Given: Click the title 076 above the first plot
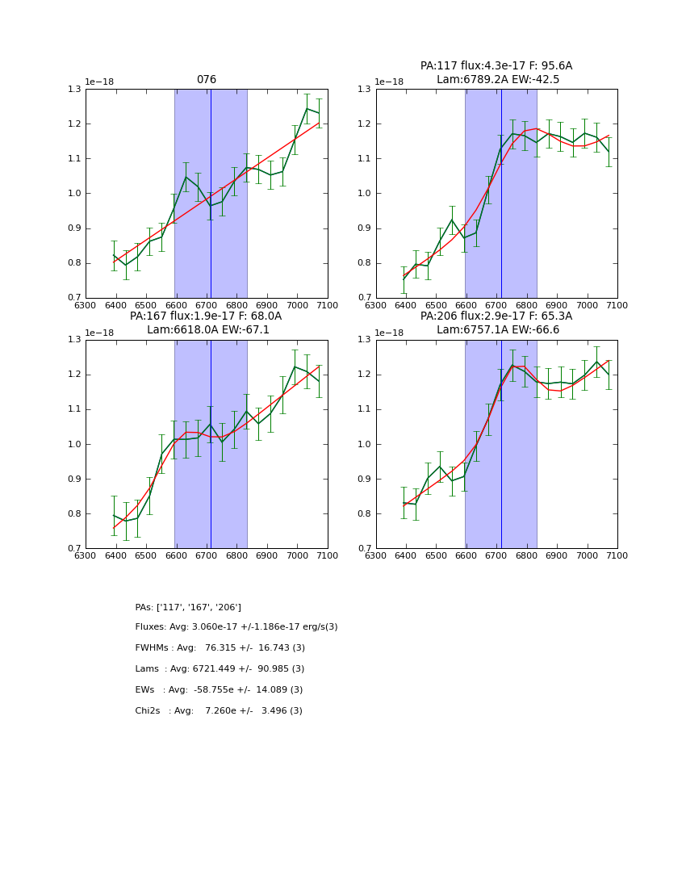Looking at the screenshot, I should [207, 80].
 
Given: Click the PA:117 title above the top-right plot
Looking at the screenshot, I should [496, 66].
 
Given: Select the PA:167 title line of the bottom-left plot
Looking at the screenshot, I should [206, 316].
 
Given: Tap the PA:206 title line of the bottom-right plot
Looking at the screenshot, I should [496, 316].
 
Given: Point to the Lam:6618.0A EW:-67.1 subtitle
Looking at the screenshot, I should [208, 329].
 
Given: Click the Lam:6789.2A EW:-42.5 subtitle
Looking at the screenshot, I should [498, 79].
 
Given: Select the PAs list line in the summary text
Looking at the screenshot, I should [188, 607].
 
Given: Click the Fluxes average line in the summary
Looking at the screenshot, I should [236, 627].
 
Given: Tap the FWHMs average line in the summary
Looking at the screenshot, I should [220, 648].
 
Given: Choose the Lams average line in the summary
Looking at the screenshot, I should [220, 669].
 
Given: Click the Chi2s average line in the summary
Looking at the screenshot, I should [219, 711].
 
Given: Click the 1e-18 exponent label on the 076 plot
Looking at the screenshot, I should [101, 82].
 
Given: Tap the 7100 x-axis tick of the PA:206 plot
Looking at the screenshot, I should [617, 555].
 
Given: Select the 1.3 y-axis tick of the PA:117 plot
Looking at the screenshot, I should [365, 90].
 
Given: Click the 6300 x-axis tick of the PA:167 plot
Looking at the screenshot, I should [86, 555].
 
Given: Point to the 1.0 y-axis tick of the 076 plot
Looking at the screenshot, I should [74, 194].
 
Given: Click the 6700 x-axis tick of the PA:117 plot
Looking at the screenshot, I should [496, 305].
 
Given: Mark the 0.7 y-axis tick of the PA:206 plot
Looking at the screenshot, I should [365, 549].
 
